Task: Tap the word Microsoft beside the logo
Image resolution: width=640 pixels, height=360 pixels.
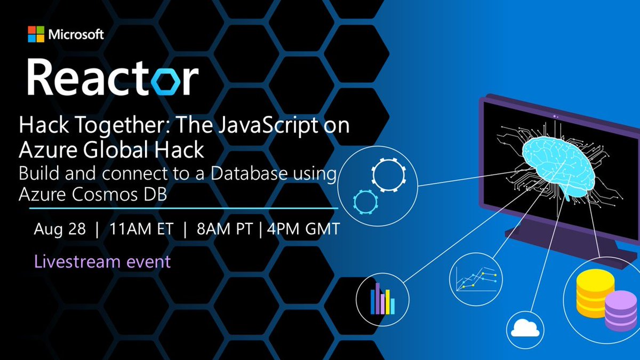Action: click(x=76, y=36)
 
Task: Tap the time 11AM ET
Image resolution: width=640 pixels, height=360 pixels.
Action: click(x=141, y=230)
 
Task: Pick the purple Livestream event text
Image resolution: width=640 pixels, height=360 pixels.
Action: click(x=102, y=262)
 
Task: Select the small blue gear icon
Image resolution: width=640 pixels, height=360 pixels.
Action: click(x=365, y=203)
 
